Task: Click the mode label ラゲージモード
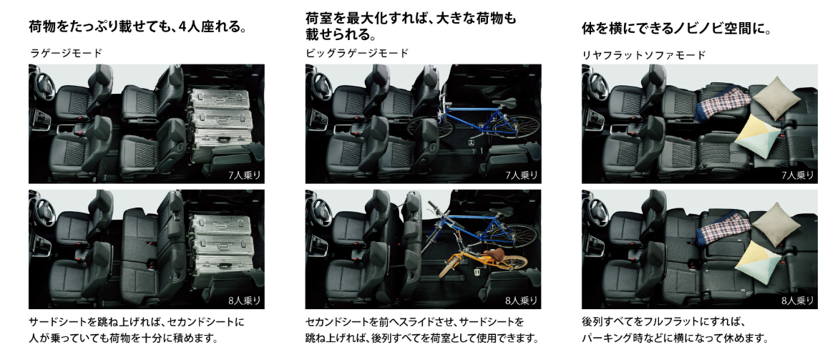click(x=65, y=53)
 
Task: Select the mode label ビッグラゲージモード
click(x=357, y=53)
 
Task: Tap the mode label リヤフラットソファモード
click(x=644, y=54)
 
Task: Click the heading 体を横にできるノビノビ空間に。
click(x=677, y=29)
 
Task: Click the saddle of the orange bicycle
click(x=494, y=253)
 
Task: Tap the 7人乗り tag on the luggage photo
click(x=244, y=175)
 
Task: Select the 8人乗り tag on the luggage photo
click(x=244, y=301)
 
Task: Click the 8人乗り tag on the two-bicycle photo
click(x=522, y=301)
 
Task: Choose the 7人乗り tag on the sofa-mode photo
click(x=798, y=175)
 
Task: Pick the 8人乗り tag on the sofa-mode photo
click(x=798, y=301)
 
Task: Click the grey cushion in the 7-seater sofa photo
click(x=776, y=94)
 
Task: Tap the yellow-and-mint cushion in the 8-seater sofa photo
click(x=758, y=261)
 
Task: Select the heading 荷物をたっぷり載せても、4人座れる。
click(x=137, y=26)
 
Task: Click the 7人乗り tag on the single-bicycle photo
click(x=522, y=175)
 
